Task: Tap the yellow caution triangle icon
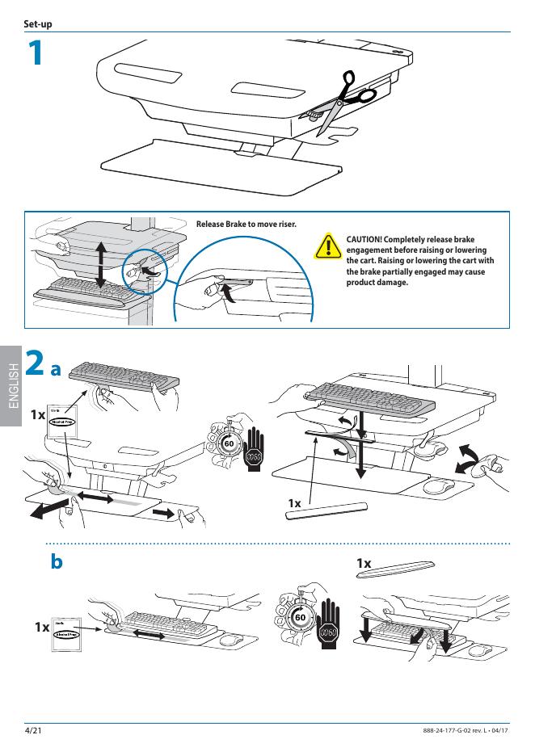(327, 246)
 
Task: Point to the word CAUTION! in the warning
(368, 240)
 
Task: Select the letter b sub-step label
(57, 561)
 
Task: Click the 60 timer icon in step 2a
(228, 443)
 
